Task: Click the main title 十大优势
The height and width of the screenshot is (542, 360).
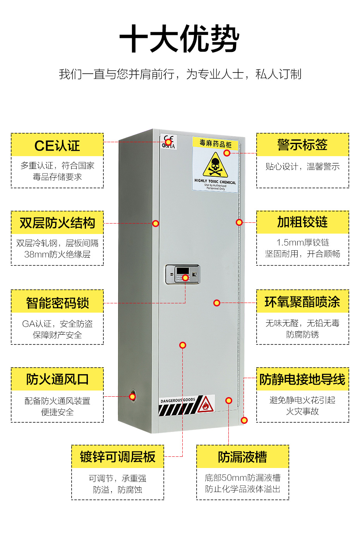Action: (180, 39)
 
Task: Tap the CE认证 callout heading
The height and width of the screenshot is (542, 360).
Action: (57, 146)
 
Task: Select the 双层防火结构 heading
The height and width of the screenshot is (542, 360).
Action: (57, 223)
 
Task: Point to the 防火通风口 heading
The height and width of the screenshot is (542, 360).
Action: (57, 379)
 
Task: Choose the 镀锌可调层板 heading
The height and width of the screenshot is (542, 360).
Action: (118, 457)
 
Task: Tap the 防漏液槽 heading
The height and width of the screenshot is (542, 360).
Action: (242, 457)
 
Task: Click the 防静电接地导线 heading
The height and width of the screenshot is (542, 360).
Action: (302, 379)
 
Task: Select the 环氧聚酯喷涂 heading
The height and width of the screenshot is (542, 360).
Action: (302, 302)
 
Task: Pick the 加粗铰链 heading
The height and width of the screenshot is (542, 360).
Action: (302, 222)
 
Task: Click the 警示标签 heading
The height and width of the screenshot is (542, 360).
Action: (302, 145)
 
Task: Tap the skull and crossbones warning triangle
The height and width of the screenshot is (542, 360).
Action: (215, 165)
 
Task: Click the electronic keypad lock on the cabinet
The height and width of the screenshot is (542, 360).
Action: (183, 274)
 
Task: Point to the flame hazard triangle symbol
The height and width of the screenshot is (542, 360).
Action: (206, 405)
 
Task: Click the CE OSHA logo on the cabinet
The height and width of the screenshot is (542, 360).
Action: (169, 142)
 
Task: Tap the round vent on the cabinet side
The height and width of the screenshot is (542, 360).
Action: (132, 396)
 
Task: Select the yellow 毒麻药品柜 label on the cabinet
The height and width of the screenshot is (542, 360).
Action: (215, 143)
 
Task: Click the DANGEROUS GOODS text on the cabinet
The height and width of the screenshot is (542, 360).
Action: (178, 400)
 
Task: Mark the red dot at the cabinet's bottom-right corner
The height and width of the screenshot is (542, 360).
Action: (244, 420)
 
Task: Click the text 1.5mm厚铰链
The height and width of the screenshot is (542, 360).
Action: (302, 243)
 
